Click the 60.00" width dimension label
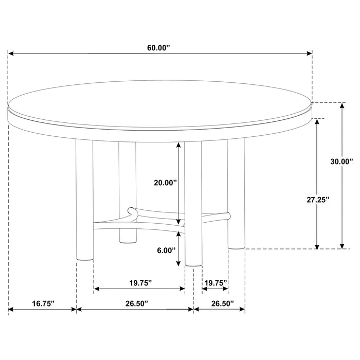coord(158,47)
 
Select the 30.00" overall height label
coord(341,161)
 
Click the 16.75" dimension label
coord(43,304)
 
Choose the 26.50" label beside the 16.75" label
coord(135,304)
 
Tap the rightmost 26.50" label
coord(220,304)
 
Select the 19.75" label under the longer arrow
coord(139,282)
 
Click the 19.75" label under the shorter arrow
coord(215,282)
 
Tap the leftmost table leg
coord(84,201)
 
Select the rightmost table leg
coord(236,195)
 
